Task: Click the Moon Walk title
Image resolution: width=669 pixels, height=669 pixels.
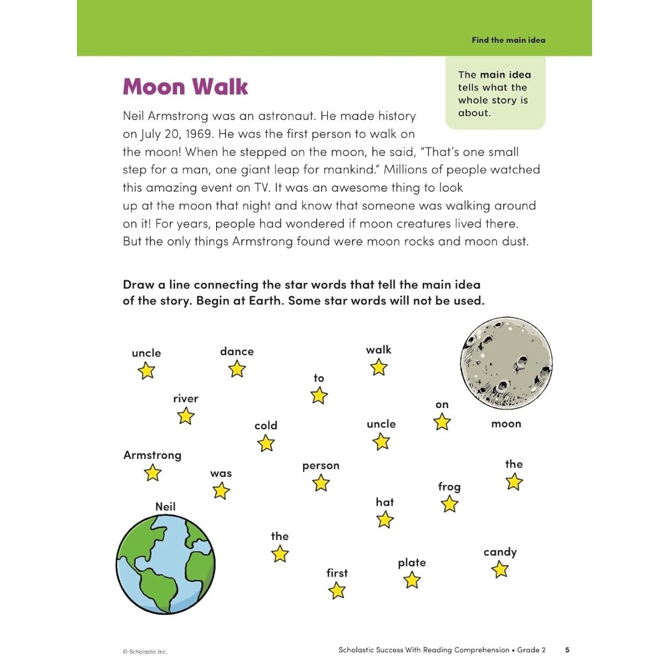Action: [185, 87]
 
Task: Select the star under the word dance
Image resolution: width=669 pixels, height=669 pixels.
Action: [237, 369]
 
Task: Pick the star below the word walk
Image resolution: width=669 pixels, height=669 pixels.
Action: [379, 367]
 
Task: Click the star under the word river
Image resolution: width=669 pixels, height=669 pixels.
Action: [185, 416]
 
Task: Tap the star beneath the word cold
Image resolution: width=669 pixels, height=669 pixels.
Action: [266, 443]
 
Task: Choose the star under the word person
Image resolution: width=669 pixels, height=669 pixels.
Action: [321, 483]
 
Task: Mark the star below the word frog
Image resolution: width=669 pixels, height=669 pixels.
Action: [450, 504]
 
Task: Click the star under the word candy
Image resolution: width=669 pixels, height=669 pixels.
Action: [500, 569]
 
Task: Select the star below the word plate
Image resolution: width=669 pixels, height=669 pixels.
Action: [411, 580]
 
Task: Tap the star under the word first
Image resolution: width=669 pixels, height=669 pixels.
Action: [337, 590]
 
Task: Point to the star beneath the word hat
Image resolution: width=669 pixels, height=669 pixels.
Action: [385, 519]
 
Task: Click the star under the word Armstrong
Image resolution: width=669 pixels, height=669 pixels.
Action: [153, 473]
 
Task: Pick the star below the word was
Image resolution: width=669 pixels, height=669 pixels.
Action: [221, 491]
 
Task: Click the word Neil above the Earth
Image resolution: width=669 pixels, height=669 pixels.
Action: [165, 506]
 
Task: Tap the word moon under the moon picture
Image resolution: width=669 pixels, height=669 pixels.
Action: [506, 423]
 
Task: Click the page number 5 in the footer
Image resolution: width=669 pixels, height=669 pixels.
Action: [567, 650]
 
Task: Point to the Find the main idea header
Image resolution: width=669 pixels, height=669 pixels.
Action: [508, 40]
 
